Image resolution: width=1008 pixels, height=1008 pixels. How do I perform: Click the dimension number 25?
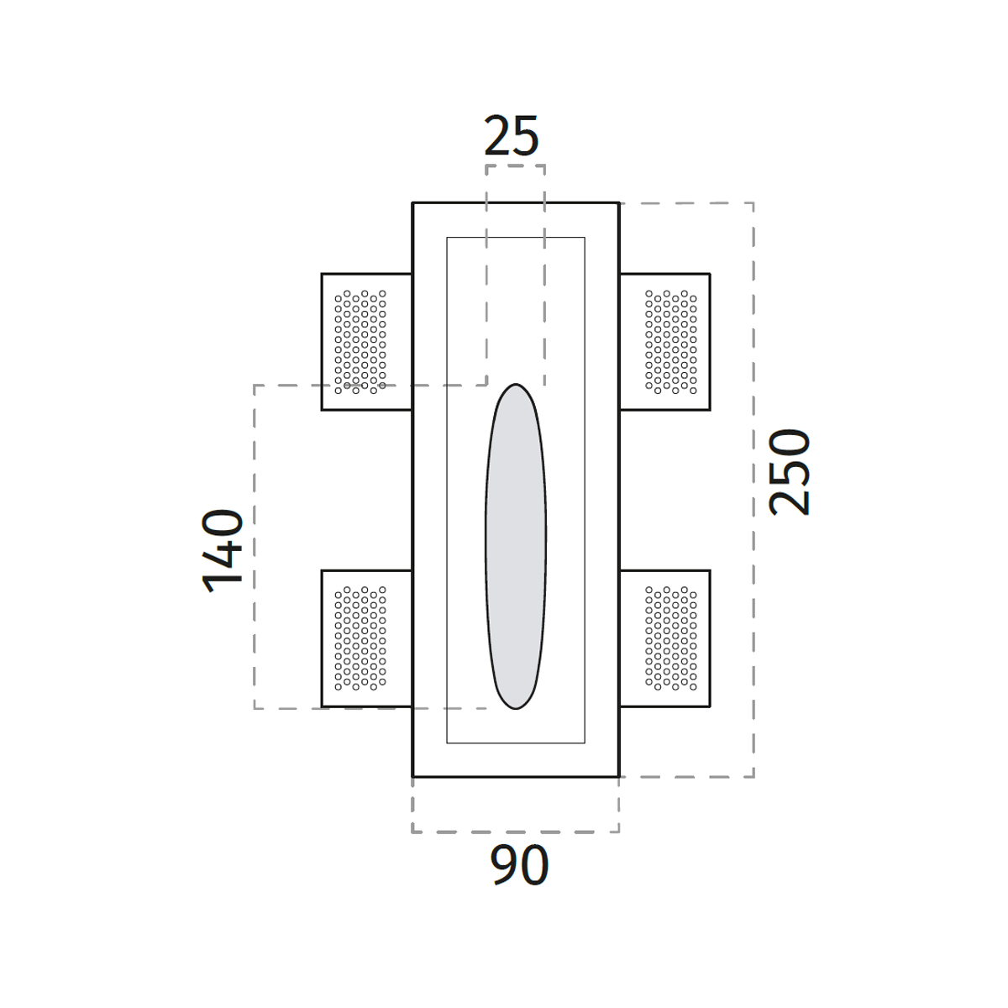[511, 135]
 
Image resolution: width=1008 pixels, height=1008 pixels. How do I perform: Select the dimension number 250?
[789, 472]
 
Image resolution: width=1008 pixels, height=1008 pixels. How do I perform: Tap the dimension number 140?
[223, 550]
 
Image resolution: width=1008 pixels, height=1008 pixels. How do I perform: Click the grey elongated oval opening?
[516, 547]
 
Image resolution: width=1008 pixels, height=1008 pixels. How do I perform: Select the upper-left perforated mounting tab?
[367, 342]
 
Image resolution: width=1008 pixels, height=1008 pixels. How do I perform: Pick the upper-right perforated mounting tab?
[664, 342]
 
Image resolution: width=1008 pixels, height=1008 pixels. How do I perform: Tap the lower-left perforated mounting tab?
[367, 638]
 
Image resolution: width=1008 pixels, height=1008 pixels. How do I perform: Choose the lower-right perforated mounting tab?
[664, 638]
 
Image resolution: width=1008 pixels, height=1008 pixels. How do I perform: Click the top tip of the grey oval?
[516, 384]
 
